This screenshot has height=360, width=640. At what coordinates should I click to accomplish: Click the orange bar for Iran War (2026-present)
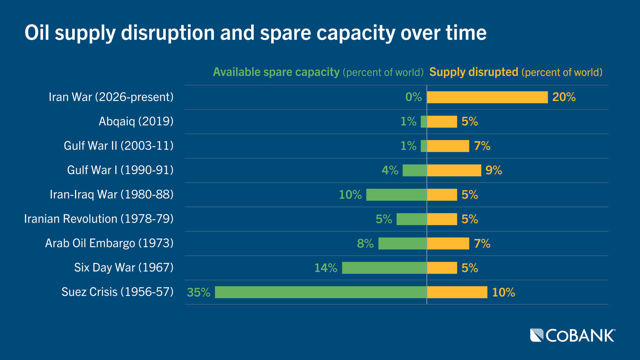(487, 97)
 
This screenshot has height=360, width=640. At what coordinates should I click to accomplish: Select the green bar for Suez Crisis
(321, 292)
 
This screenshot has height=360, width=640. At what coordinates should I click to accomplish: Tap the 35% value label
(199, 292)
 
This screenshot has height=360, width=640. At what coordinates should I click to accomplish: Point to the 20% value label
(564, 97)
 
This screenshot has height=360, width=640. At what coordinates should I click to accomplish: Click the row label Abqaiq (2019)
(136, 121)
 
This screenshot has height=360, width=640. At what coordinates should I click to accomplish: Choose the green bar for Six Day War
(384, 268)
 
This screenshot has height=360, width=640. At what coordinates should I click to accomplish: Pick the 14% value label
(326, 268)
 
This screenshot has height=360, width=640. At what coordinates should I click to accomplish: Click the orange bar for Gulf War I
(454, 170)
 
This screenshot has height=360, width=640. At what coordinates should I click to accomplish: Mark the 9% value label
(494, 170)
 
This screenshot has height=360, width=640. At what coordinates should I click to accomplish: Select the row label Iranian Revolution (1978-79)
(99, 219)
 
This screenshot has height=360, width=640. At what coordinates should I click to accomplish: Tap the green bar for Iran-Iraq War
(396, 195)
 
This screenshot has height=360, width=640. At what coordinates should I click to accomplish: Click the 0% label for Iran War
(413, 97)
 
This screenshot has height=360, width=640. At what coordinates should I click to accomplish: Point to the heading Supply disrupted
(474, 72)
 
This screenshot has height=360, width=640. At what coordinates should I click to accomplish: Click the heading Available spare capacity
(276, 72)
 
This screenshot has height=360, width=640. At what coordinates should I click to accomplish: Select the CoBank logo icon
(537, 335)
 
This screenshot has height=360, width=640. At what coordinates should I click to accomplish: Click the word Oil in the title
(37, 33)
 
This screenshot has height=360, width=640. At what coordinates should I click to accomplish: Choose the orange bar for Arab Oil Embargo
(448, 244)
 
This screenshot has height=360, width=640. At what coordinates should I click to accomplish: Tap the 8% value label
(365, 244)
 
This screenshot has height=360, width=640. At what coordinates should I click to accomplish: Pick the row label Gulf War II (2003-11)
(119, 146)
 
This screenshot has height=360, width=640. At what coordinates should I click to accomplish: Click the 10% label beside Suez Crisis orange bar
(503, 292)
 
